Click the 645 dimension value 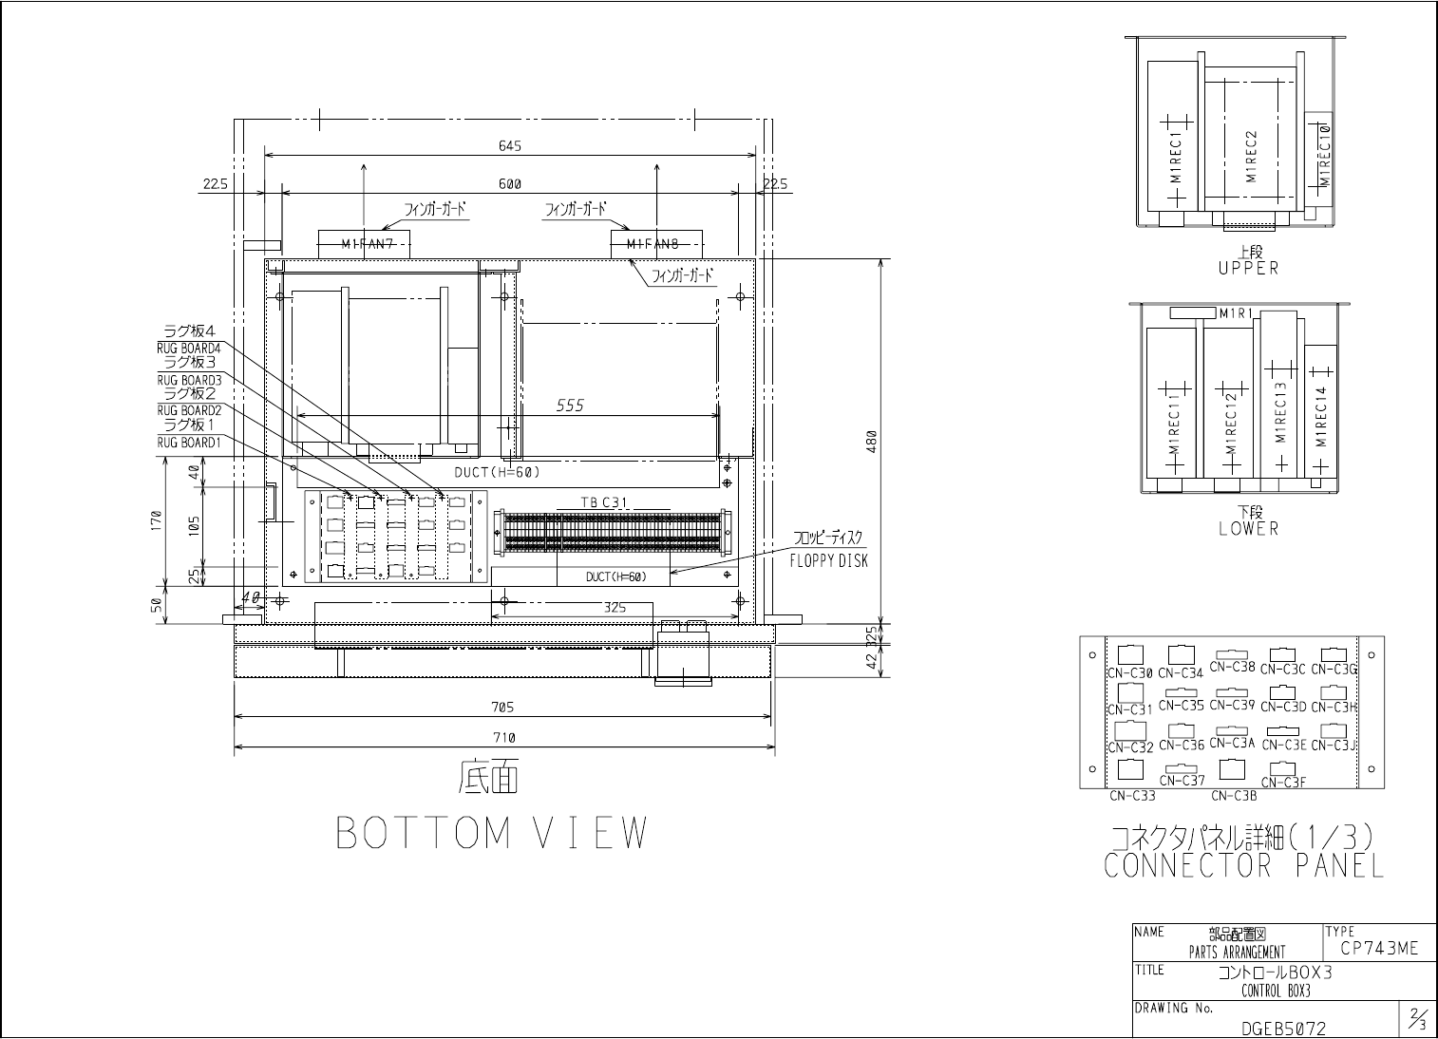point(510,146)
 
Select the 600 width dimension point(510,183)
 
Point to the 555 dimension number point(570,406)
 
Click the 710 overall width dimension point(503,737)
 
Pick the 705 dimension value point(503,707)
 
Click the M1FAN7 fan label point(368,244)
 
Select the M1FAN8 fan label point(653,244)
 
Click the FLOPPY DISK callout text point(828,560)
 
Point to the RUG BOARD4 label point(189,349)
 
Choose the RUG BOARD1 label point(189,442)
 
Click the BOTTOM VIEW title point(492,833)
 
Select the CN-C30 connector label point(1130,672)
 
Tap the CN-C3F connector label point(1283,783)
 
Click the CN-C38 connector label point(1233,667)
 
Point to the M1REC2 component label point(1251,157)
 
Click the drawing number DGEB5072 point(1283,1028)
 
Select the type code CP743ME point(1378,948)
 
